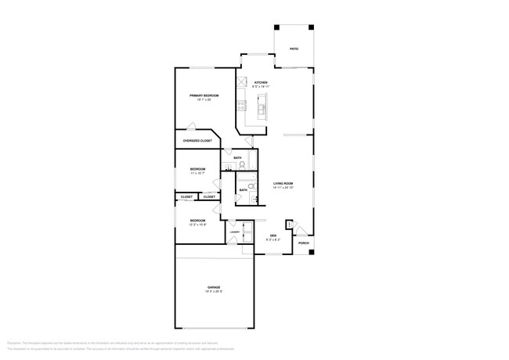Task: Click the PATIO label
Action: coord(294,49)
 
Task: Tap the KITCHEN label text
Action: coord(261,83)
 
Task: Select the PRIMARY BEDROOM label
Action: coord(204,95)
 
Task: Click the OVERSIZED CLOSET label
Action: coord(197,141)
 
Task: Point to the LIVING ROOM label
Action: coord(283,184)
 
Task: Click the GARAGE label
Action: coord(214,287)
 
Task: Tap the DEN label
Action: coord(273,236)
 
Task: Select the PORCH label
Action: coord(303,243)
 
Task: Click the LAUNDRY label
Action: coord(234,231)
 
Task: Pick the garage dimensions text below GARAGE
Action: coord(214,292)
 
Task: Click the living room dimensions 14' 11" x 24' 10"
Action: coord(283,188)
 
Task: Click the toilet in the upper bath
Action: coord(242,165)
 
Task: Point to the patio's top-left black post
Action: coord(276,29)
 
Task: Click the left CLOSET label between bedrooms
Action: coord(186,197)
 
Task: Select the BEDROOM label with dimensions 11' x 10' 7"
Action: coord(197,169)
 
